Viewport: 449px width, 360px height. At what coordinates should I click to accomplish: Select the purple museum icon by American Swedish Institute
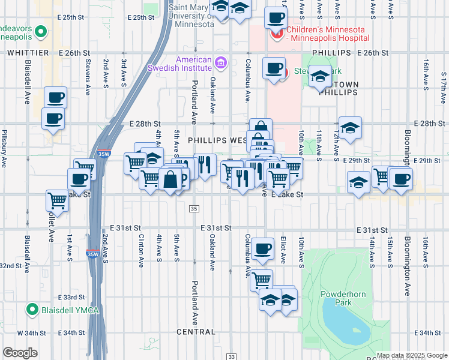coord(220,62)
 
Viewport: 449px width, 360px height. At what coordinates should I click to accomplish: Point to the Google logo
coord(20,353)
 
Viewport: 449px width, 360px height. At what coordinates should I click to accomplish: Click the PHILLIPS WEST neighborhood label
coord(217,140)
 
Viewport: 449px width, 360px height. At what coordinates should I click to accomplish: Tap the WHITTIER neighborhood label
coord(28,53)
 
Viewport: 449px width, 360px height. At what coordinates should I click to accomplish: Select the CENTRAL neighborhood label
coord(196,332)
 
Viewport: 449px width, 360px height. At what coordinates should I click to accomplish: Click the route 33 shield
coord(231,356)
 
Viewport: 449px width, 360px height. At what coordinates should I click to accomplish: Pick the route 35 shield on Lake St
coord(193,208)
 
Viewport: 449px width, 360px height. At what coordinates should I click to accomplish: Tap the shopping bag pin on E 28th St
coord(261,128)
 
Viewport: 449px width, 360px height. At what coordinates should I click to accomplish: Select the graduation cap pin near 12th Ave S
coord(349,127)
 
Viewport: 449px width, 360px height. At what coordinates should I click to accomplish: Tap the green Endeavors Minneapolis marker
coord(41,31)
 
